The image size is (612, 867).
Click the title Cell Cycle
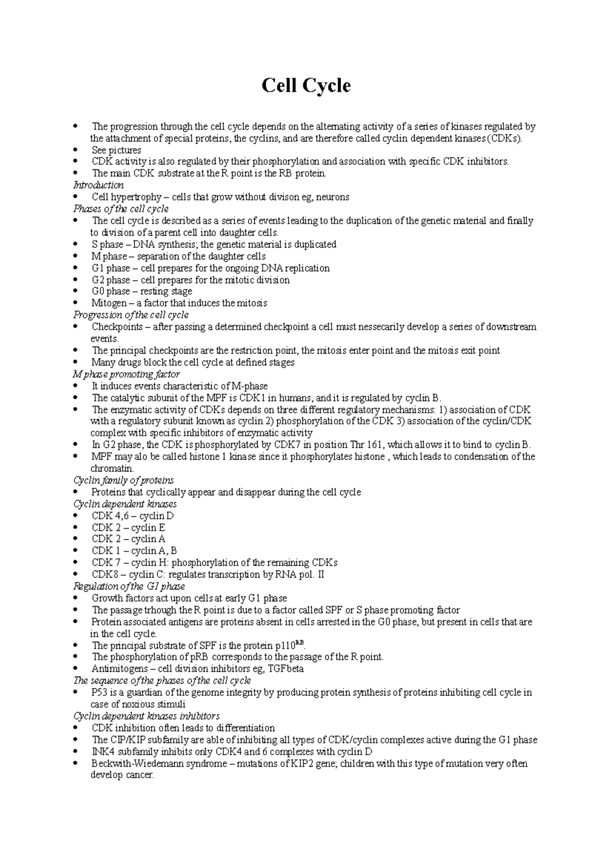click(306, 85)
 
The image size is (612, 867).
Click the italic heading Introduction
click(98, 185)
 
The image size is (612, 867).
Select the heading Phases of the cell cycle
click(121, 209)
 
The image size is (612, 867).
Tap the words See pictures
click(116, 150)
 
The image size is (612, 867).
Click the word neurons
click(332, 197)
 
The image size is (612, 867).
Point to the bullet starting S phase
click(214, 245)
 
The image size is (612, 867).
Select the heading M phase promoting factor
click(126, 374)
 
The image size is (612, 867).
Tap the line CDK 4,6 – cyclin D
click(133, 516)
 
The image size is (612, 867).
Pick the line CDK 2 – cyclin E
click(129, 528)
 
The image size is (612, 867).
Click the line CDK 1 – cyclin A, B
click(134, 551)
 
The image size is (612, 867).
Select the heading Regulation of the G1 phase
click(129, 586)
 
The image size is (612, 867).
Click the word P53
click(100, 693)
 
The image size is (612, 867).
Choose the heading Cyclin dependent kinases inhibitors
click(146, 716)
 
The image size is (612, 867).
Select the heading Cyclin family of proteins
click(123, 480)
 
